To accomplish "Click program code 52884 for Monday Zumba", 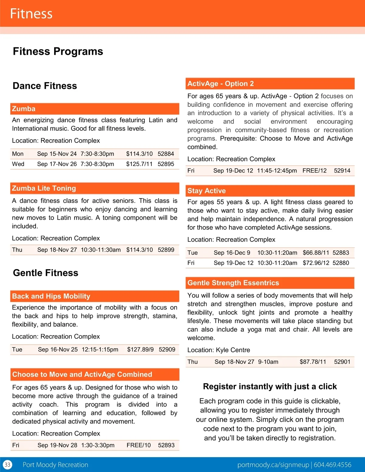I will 166,154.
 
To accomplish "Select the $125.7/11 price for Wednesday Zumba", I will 139,164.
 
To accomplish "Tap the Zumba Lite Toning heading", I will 44,188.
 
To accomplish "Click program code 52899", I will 166,250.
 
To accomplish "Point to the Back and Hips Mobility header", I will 51,296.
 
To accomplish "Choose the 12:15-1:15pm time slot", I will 100,350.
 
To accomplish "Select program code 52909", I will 167,350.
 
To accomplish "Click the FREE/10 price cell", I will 138,445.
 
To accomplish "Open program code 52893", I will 166,445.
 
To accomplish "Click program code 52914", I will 342,171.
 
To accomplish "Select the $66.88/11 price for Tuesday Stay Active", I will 316,253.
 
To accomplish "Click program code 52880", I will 341,263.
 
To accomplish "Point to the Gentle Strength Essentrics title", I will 233,283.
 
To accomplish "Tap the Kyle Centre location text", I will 233,350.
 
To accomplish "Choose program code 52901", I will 342,362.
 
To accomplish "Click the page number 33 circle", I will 7,465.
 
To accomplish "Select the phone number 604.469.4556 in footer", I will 332,465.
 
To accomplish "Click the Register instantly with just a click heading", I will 270,387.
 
